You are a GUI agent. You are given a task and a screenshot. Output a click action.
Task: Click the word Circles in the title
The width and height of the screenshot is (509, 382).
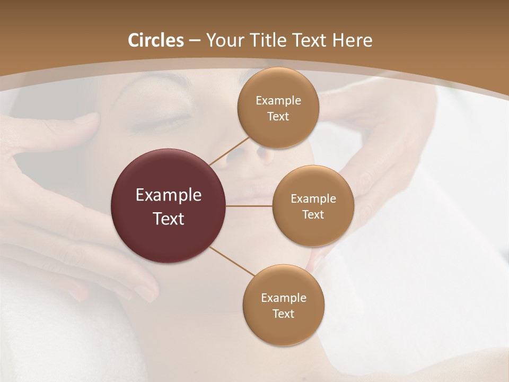[155, 40]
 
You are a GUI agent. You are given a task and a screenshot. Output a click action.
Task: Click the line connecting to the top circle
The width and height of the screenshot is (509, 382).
[230, 150]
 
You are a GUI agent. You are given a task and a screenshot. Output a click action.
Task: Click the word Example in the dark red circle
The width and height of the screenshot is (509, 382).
[169, 195]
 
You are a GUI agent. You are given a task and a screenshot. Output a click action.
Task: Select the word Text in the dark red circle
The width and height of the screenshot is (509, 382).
[169, 219]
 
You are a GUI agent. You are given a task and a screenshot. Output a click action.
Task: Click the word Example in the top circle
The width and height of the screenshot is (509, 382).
[278, 101]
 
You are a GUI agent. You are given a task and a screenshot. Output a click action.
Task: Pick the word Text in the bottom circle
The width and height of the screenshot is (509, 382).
[283, 314]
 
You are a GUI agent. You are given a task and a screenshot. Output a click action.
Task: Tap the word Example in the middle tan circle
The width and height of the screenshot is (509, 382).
[313, 199]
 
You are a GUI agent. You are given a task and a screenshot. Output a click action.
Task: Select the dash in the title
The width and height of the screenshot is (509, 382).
[195, 41]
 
